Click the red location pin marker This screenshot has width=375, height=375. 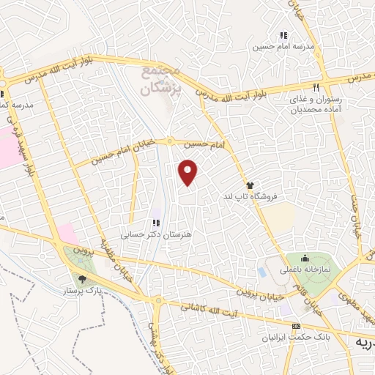[189, 173]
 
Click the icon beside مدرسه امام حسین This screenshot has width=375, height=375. [283, 35]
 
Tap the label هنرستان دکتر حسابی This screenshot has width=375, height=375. [155, 234]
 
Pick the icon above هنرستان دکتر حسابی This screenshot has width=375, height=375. [155, 223]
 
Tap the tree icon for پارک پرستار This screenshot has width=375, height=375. [82, 278]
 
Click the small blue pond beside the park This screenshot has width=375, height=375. [262, 272]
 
